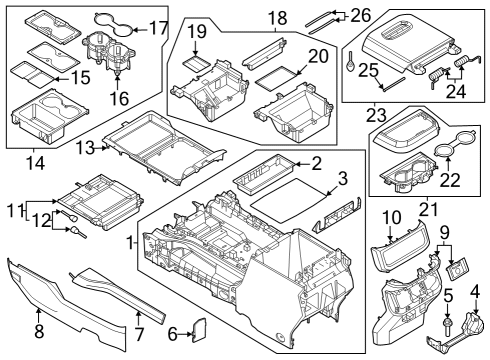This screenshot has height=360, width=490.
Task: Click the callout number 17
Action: [157, 29]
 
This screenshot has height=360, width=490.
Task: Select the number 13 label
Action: [87, 148]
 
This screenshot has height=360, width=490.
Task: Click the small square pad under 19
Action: [199, 63]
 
